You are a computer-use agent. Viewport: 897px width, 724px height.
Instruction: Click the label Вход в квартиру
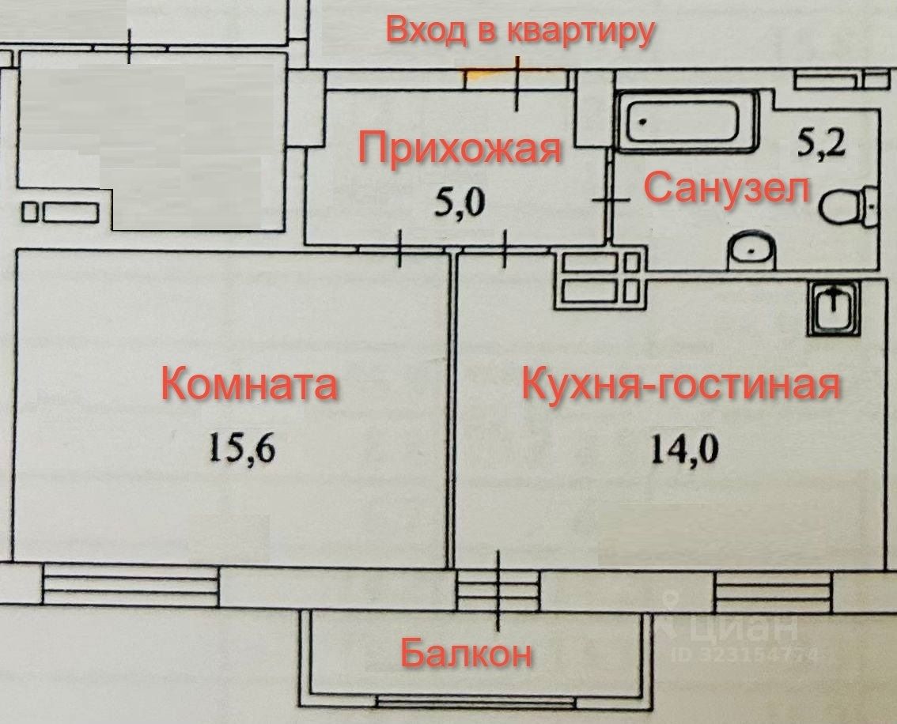(520, 32)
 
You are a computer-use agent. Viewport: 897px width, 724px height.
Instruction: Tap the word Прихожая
(460, 149)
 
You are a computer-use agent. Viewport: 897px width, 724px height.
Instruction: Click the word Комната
(250, 386)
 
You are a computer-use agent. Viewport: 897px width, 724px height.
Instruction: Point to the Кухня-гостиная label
(679, 387)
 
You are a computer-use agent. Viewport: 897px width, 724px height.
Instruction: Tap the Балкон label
(465, 654)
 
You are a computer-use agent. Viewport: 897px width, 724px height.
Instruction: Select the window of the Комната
(131, 587)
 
